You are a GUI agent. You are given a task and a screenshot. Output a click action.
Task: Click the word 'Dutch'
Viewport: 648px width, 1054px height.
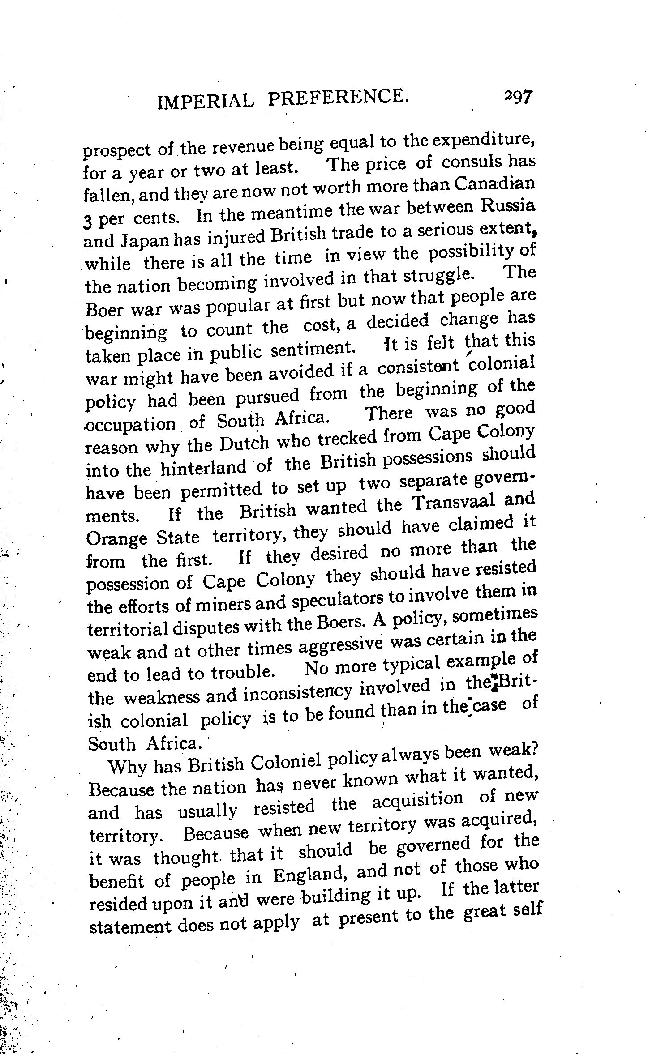(x=244, y=444)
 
